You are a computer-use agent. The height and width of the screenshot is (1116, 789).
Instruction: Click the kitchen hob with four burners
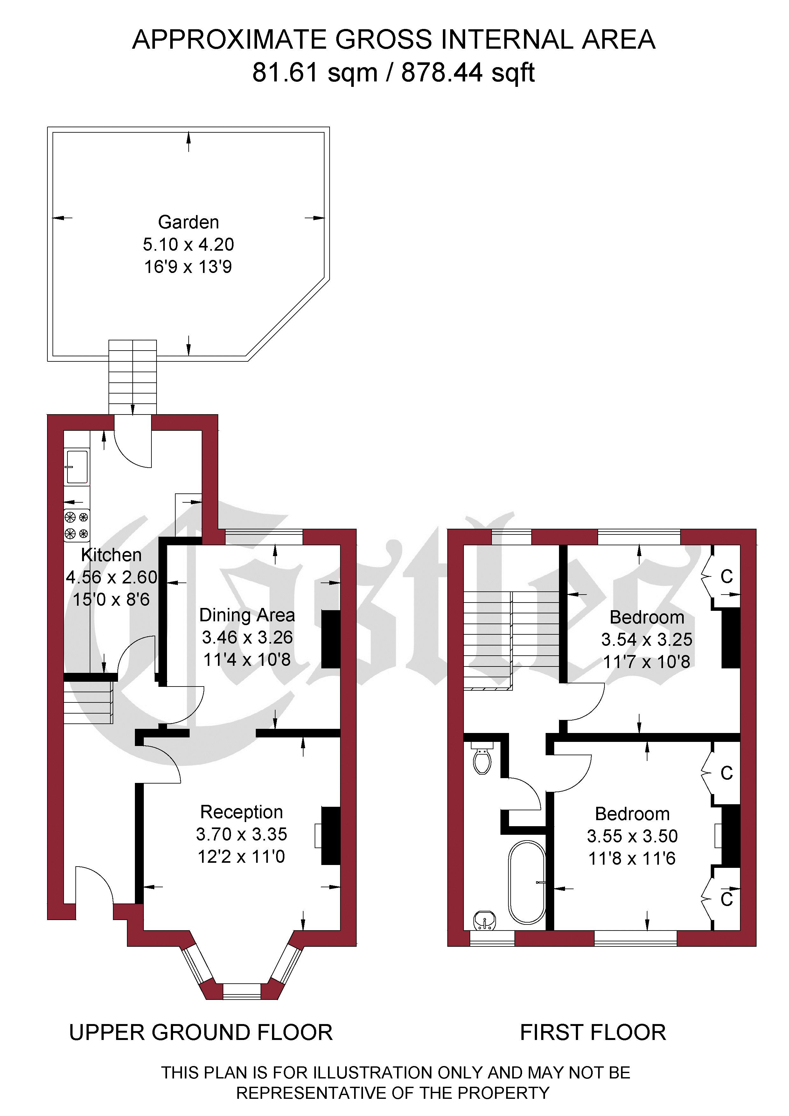pos(77,525)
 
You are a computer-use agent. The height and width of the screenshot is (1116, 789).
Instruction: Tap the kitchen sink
pos(77,467)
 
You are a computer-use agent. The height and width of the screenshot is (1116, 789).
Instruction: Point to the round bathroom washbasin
pos(485,920)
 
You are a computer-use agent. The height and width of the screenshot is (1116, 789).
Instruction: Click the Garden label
pos(189,222)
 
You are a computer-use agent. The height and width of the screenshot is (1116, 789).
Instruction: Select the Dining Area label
pos(247,615)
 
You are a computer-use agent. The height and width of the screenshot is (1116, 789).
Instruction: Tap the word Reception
pos(241,812)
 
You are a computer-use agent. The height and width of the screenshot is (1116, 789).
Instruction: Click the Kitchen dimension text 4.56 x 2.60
pos(112,577)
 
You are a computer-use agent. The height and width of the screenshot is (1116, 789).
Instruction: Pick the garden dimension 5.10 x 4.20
pos(189,245)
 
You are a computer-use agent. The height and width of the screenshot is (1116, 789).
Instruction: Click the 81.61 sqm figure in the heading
pos(315,73)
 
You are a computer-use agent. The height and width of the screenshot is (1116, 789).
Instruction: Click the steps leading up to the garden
pos(133,377)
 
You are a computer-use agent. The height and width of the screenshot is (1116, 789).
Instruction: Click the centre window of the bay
pos(242,992)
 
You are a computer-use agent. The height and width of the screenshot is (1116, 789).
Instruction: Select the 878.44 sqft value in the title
pos(468,73)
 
